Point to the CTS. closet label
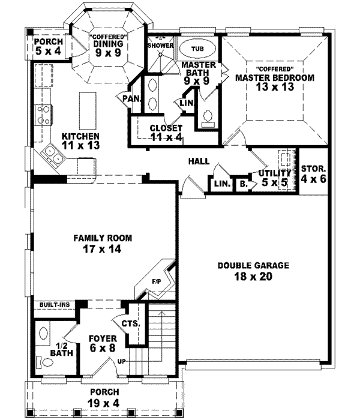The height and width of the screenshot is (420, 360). (130, 323)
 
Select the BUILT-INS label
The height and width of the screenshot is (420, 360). (55, 305)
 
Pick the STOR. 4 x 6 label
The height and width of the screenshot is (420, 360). (313, 173)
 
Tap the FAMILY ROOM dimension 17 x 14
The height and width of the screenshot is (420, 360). (103, 249)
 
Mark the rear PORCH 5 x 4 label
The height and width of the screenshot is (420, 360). (47, 47)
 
